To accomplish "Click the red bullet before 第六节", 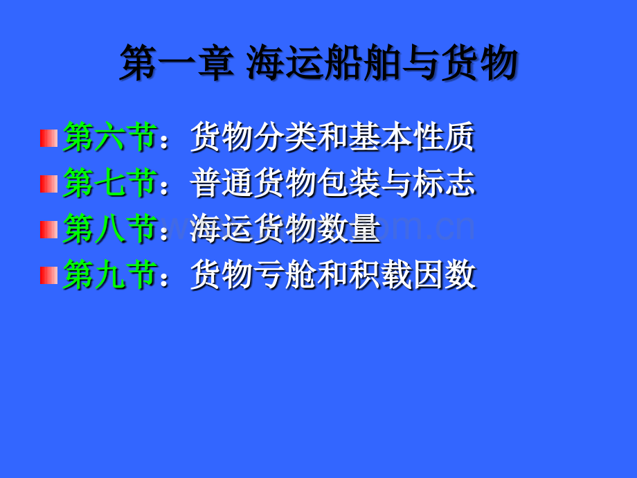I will pyautogui.click(x=48, y=138).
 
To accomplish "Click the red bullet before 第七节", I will pyautogui.click(x=48, y=184).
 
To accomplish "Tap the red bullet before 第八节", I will pyautogui.click(x=48, y=229).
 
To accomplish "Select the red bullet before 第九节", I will pyautogui.click(x=48, y=275).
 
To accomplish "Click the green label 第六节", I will pyautogui.click(x=108, y=138).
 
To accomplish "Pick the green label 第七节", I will pyautogui.click(x=108, y=184).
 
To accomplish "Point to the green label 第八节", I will pyautogui.click(x=108, y=229).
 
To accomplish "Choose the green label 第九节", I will pyautogui.click(x=108, y=275).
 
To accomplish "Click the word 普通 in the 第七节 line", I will pyautogui.click(x=214, y=184).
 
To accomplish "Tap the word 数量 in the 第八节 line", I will pyautogui.click(x=357, y=229).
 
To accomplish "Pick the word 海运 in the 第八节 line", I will pyautogui.click(x=214, y=229).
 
